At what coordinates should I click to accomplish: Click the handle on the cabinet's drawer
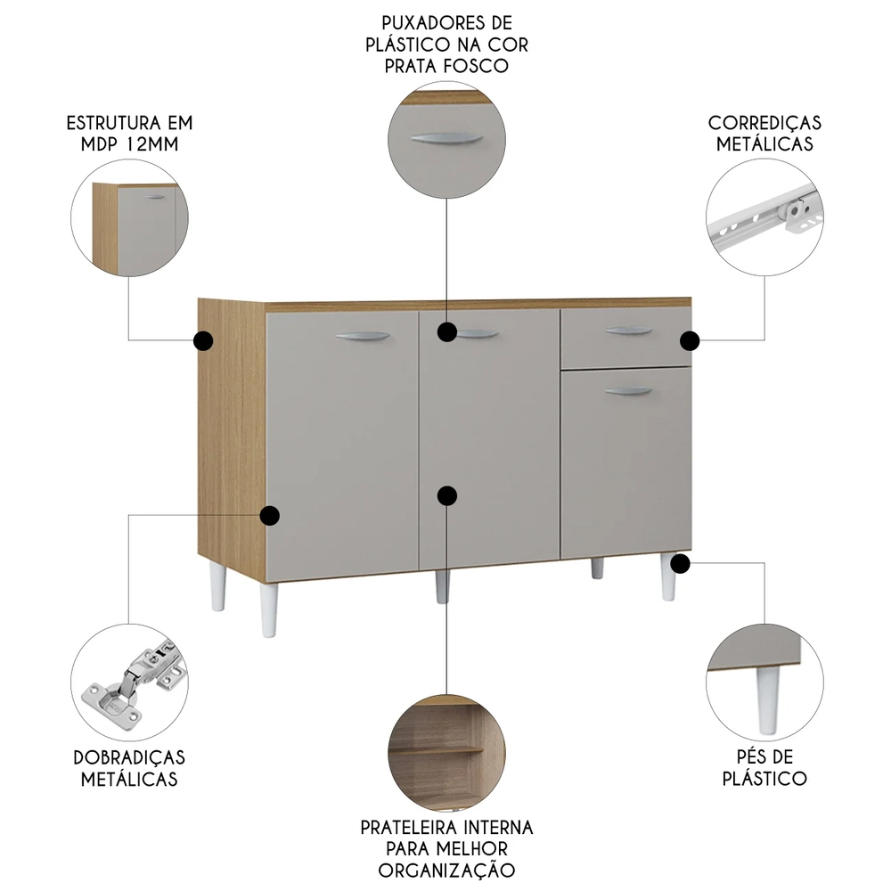tap(628, 332)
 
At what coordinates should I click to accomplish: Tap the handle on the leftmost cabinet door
tap(364, 337)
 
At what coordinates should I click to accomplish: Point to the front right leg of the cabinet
tap(668, 577)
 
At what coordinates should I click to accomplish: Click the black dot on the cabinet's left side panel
tap(203, 339)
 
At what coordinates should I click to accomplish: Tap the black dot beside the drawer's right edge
tap(691, 340)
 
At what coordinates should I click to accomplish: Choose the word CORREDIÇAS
tap(764, 123)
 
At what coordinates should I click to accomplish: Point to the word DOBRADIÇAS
tap(129, 757)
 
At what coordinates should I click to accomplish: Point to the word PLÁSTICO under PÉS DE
tap(764, 779)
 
